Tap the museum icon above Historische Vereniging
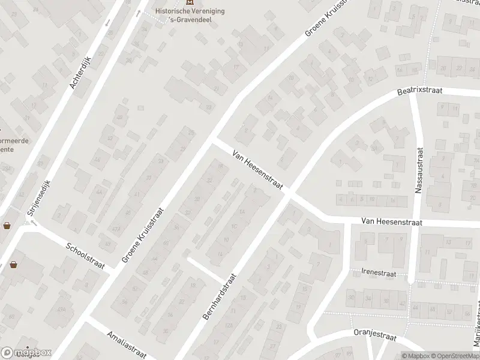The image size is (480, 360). pos(191,3)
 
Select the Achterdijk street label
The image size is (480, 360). pos(80,72)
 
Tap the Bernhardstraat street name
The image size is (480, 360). pos(220,296)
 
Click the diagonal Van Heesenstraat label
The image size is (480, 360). pos(258,170)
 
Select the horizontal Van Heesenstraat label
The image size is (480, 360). pos(392,222)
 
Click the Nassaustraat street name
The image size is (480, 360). pos(419,170)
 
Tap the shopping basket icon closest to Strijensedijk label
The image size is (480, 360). pos(8,226)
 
